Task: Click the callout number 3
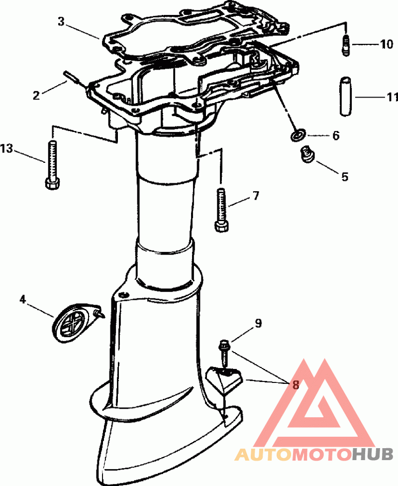coord(61,22)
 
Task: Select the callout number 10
coord(387,45)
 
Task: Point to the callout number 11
coord(392,97)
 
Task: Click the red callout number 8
coord(296,385)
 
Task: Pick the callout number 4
coord(23,299)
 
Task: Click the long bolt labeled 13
coord(52,165)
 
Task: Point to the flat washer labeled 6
coord(298,135)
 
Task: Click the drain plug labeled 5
coord(307,155)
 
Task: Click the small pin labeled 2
coord(72,77)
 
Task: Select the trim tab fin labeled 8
coord(225,379)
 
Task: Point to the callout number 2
coord(36,95)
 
